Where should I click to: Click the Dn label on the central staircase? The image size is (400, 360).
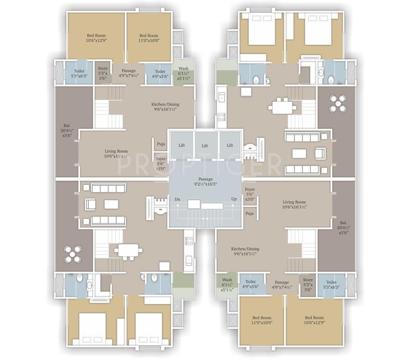pyautogui.click(x=177, y=199)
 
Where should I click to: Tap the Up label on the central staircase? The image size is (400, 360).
pyautogui.click(x=234, y=199)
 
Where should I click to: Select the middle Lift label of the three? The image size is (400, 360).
pyautogui.click(x=205, y=145)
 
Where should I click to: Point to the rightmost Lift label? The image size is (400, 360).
pyautogui.click(x=230, y=145)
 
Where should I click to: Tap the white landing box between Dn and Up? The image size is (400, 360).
pyautogui.click(x=194, y=204)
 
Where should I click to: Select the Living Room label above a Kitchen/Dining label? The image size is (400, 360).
pyautogui.click(x=294, y=205)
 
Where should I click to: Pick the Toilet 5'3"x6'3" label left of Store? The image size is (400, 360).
pyautogui.click(x=79, y=74)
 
